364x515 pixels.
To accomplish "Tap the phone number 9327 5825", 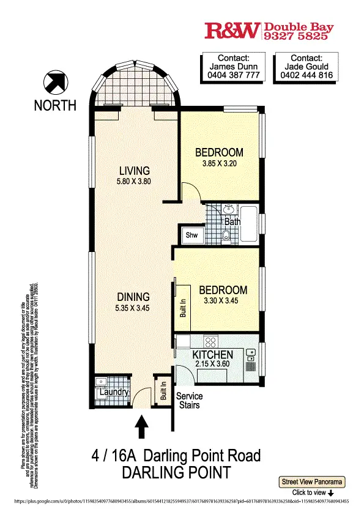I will tap(296, 37).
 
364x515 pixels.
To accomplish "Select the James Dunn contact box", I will tap(232, 67).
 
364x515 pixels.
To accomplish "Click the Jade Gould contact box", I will tap(304, 67).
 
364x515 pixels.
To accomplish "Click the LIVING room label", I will tap(134, 171).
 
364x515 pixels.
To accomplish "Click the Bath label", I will tap(232, 221).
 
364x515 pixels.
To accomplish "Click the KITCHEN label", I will tap(212, 355).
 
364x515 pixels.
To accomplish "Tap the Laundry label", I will tap(114, 392).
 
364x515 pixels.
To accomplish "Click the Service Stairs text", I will tap(189, 401).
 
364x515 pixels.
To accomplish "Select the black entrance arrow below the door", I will tap(142, 426).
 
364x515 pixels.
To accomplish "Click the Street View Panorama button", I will tap(312, 482).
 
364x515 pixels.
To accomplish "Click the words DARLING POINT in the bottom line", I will tap(177, 472).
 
